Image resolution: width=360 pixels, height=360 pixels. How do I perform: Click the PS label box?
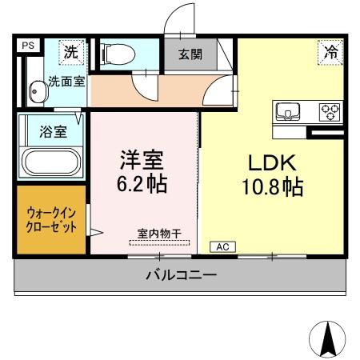26,45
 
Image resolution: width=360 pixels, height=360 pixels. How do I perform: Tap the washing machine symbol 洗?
70,53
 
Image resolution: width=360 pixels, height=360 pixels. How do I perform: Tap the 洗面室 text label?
62,80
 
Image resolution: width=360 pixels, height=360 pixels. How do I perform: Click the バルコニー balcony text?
181,276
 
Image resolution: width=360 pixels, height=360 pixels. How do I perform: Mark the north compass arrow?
326,338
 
